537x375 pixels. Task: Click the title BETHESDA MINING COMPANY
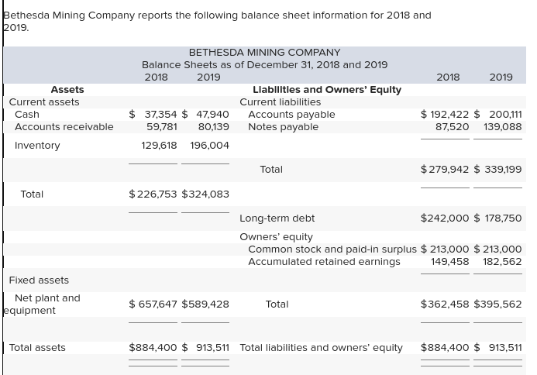264,52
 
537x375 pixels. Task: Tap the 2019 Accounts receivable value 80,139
213,127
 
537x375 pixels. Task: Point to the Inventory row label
37,146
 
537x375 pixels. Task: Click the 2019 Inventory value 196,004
209,146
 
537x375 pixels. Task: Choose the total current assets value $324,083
205,194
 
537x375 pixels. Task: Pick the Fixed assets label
39,280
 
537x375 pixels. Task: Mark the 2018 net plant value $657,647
153,304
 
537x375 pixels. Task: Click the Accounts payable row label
291,115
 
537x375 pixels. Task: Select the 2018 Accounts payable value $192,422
445,115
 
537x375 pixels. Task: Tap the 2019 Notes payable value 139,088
503,127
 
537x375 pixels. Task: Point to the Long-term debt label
277,218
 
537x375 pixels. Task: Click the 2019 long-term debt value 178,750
503,218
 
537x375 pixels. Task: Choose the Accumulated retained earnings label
324,262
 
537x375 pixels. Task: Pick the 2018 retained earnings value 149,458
450,262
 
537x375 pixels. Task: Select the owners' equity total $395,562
497,304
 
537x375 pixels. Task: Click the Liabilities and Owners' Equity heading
327,90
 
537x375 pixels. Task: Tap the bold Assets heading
67,90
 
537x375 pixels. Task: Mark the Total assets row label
37,348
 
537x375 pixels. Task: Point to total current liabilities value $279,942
445,170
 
